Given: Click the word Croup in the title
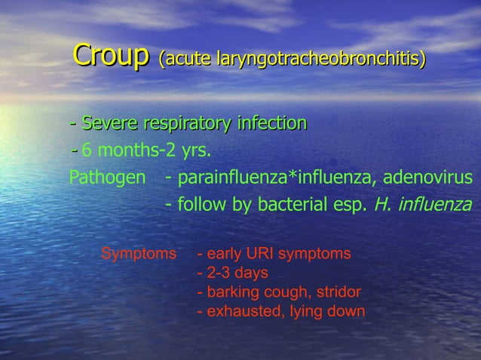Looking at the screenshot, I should pos(110,56).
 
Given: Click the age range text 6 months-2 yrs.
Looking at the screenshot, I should pos(146,150).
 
